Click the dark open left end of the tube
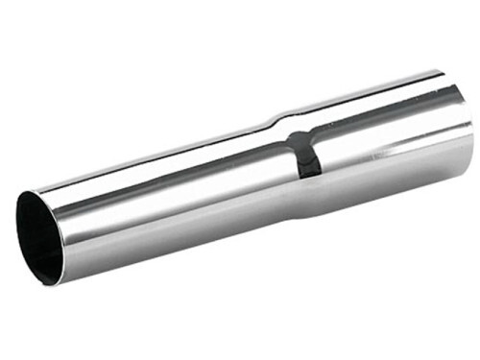(38, 235)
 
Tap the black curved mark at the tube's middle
(306, 154)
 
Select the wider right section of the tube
(384, 144)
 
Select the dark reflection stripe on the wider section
(384, 116)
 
